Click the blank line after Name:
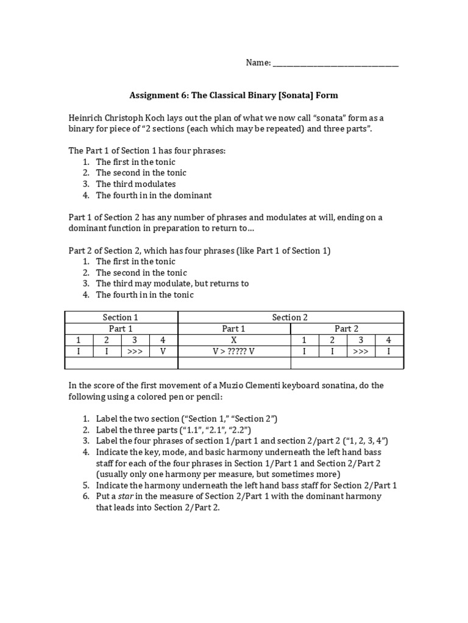click(x=335, y=64)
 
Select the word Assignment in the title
click(x=152, y=96)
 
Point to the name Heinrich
click(x=87, y=117)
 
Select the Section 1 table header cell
click(x=121, y=317)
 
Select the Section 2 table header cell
click(x=290, y=317)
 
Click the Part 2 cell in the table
click(x=347, y=329)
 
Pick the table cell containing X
click(x=233, y=340)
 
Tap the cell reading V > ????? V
click(x=233, y=352)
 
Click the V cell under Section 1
click(x=163, y=352)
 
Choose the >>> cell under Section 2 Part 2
click(x=361, y=352)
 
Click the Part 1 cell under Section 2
click(x=233, y=329)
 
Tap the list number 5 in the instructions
click(x=86, y=485)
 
